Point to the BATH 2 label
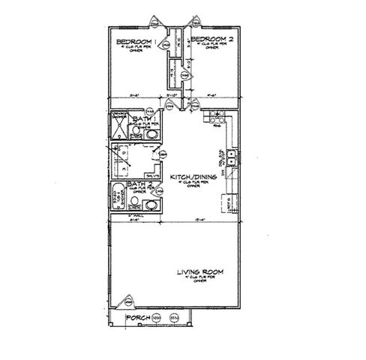pos(139,184)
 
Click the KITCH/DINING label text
pos(193,177)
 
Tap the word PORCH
pos(138,319)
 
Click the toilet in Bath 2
pos(135,201)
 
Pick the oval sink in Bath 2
pos(151,204)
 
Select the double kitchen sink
pos(232,157)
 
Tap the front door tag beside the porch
pos(129,301)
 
